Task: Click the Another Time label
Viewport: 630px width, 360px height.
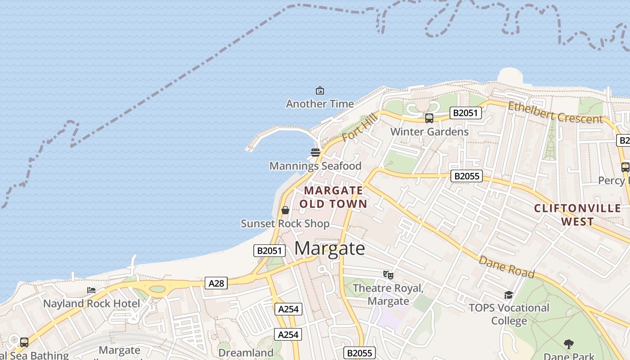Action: tap(320, 104)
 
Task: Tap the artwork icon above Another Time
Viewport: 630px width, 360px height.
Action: tap(320, 90)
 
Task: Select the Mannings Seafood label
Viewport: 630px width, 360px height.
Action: tap(315, 166)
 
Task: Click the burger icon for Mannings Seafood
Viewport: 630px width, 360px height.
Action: tap(315, 152)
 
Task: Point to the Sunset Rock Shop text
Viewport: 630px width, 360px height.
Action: tap(285, 224)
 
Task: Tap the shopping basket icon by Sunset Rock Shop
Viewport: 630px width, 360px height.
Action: tap(285, 210)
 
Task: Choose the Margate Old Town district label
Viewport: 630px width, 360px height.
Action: tap(333, 197)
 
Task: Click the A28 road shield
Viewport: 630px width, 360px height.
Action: tap(216, 283)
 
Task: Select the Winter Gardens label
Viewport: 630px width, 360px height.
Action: tap(429, 132)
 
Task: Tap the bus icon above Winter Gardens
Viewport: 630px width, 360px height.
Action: tap(429, 118)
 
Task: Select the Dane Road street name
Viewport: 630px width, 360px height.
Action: tap(506, 267)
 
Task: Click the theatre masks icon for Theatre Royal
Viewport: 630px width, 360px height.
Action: tap(388, 274)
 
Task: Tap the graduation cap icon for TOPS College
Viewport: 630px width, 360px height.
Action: tap(508, 295)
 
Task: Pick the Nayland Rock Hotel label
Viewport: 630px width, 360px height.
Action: tap(91, 304)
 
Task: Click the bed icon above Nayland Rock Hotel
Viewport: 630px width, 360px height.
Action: tap(91, 290)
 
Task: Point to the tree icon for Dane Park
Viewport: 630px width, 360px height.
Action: tap(569, 344)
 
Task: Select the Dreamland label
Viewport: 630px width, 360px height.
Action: tap(245, 353)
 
